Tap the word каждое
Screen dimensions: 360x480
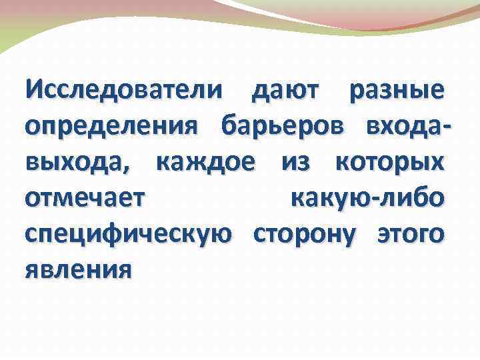(205, 163)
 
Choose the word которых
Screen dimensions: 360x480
(390, 163)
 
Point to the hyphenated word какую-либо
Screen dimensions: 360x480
(367, 199)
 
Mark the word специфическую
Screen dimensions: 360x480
(129, 235)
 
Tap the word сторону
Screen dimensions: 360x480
(305, 235)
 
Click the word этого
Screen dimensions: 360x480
(411, 235)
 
